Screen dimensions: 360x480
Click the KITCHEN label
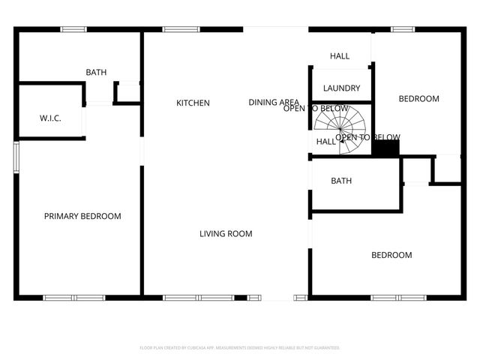click(x=193, y=103)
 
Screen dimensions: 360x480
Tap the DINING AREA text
click(x=274, y=103)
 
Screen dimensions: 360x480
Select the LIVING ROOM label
click(x=226, y=234)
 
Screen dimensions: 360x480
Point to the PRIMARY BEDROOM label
click(x=82, y=217)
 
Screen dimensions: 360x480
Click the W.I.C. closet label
click(x=50, y=119)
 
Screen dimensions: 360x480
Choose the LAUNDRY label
click(x=341, y=88)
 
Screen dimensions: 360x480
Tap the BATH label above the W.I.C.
click(x=96, y=73)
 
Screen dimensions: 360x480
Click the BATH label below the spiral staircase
click(x=341, y=181)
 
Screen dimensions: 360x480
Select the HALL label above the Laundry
click(x=340, y=56)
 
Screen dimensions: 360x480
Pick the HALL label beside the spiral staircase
click(x=325, y=142)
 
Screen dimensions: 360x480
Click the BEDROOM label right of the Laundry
click(x=418, y=99)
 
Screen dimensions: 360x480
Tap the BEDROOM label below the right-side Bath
click(x=391, y=256)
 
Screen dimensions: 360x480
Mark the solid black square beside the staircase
click(x=385, y=148)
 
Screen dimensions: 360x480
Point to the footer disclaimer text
click(x=240, y=348)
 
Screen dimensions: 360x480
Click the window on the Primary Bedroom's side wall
click(x=16, y=157)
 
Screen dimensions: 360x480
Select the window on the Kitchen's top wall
click(x=176, y=29)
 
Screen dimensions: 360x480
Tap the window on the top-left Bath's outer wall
click(x=73, y=29)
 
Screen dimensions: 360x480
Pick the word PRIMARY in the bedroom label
click(x=61, y=217)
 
